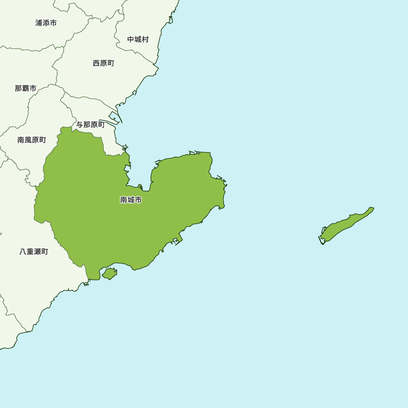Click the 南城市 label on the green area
point(131,200)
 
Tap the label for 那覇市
point(26,88)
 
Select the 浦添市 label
point(46,23)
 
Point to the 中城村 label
point(138,39)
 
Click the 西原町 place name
point(104,63)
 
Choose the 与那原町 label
point(91,125)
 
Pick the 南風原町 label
point(32,140)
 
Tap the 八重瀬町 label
point(34,252)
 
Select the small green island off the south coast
point(109,273)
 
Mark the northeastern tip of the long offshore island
point(373,208)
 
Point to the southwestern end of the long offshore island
point(322,242)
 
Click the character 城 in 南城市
point(131,200)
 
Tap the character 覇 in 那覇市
point(26,88)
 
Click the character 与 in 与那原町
point(80,125)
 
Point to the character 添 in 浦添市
point(46,23)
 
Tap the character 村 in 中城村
point(145,39)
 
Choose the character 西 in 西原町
point(96,63)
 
